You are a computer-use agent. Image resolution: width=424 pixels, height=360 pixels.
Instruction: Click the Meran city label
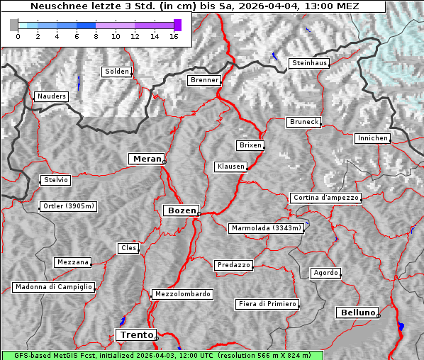pyautogui.click(x=147, y=159)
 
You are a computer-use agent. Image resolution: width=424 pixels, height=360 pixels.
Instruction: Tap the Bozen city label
pyautogui.click(x=180, y=210)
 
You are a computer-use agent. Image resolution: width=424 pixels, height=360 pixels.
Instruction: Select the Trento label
pyautogui.click(x=135, y=334)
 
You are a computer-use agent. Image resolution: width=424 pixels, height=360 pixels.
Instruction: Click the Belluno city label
pyautogui.click(x=357, y=312)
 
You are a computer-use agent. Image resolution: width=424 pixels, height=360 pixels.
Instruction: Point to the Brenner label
pyautogui.click(x=204, y=81)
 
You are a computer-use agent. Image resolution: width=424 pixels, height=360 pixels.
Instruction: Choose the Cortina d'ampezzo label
pyautogui.click(x=325, y=198)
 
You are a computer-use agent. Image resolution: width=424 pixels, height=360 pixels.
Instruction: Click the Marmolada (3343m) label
pyautogui.click(x=266, y=228)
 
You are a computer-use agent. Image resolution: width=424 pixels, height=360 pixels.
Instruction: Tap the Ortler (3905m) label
pyautogui.click(x=67, y=207)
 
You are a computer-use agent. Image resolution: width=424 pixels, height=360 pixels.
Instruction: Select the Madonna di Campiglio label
pyautogui.click(x=53, y=287)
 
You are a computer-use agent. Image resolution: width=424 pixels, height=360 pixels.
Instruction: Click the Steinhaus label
pyautogui.click(x=309, y=63)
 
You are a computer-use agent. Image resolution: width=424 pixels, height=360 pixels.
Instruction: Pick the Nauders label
pyautogui.click(x=51, y=96)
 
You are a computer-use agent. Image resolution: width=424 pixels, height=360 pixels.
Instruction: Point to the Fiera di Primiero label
pyautogui.click(x=267, y=304)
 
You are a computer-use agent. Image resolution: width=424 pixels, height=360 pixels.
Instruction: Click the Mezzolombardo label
pyautogui.click(x=182, y=294)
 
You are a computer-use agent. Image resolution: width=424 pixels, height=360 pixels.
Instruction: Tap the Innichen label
pyautogui.click(x=372, y=138)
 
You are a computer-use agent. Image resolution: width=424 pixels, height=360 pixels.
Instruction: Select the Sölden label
pyautogui.click(x=117, y=72)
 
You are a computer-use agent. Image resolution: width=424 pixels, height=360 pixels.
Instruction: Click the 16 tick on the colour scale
pyautogui.click(x=174, y=36)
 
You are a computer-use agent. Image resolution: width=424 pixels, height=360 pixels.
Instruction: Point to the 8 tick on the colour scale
pyautogui.click(x=96, y=36)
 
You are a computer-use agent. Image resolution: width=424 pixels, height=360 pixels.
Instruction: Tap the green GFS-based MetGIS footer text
pyautogui.click(x=162, y=355)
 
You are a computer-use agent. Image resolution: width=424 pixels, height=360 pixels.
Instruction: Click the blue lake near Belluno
pyautogui.click(x=401, y=326)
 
